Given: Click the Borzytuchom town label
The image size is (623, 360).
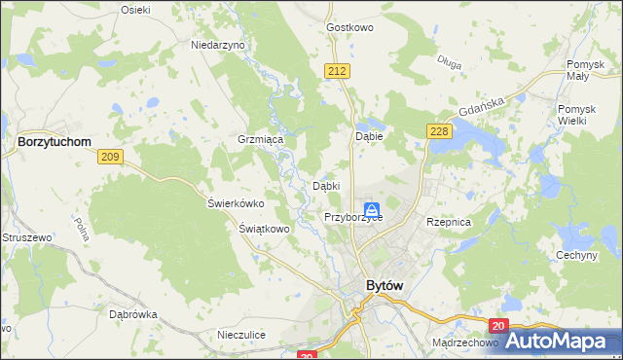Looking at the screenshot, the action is (x=55, y=141).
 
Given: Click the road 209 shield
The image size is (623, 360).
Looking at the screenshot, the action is (x=109, y=157).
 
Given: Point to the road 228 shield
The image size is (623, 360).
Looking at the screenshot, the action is (x=437, y=131).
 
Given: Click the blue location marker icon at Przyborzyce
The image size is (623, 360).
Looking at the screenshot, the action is (x=372, y=209).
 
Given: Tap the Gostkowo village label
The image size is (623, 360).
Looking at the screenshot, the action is (x=351, y=27).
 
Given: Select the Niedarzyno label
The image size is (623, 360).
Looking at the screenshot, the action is (x=219, y=46).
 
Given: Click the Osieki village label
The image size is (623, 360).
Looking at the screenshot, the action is (x=134, y=9).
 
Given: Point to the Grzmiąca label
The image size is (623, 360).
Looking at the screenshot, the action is (x=260, y=140).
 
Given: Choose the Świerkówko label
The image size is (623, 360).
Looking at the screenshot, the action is (x=237, y=203).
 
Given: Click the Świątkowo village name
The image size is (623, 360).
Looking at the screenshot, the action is (x=265, y=229).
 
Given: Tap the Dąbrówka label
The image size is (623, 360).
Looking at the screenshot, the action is (x=133, y=314).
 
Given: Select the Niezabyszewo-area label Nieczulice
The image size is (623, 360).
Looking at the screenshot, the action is (x=242, y=335).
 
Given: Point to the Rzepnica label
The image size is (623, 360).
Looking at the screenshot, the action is (x=449, y=222).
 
